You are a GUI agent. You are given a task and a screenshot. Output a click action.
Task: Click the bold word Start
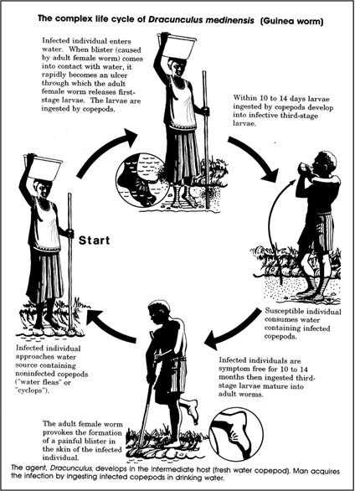94,240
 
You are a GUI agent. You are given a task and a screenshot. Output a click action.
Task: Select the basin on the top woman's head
177,45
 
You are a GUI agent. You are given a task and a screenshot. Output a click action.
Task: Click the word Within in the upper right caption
243,98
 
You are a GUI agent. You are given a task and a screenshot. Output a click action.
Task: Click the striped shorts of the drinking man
315,232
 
